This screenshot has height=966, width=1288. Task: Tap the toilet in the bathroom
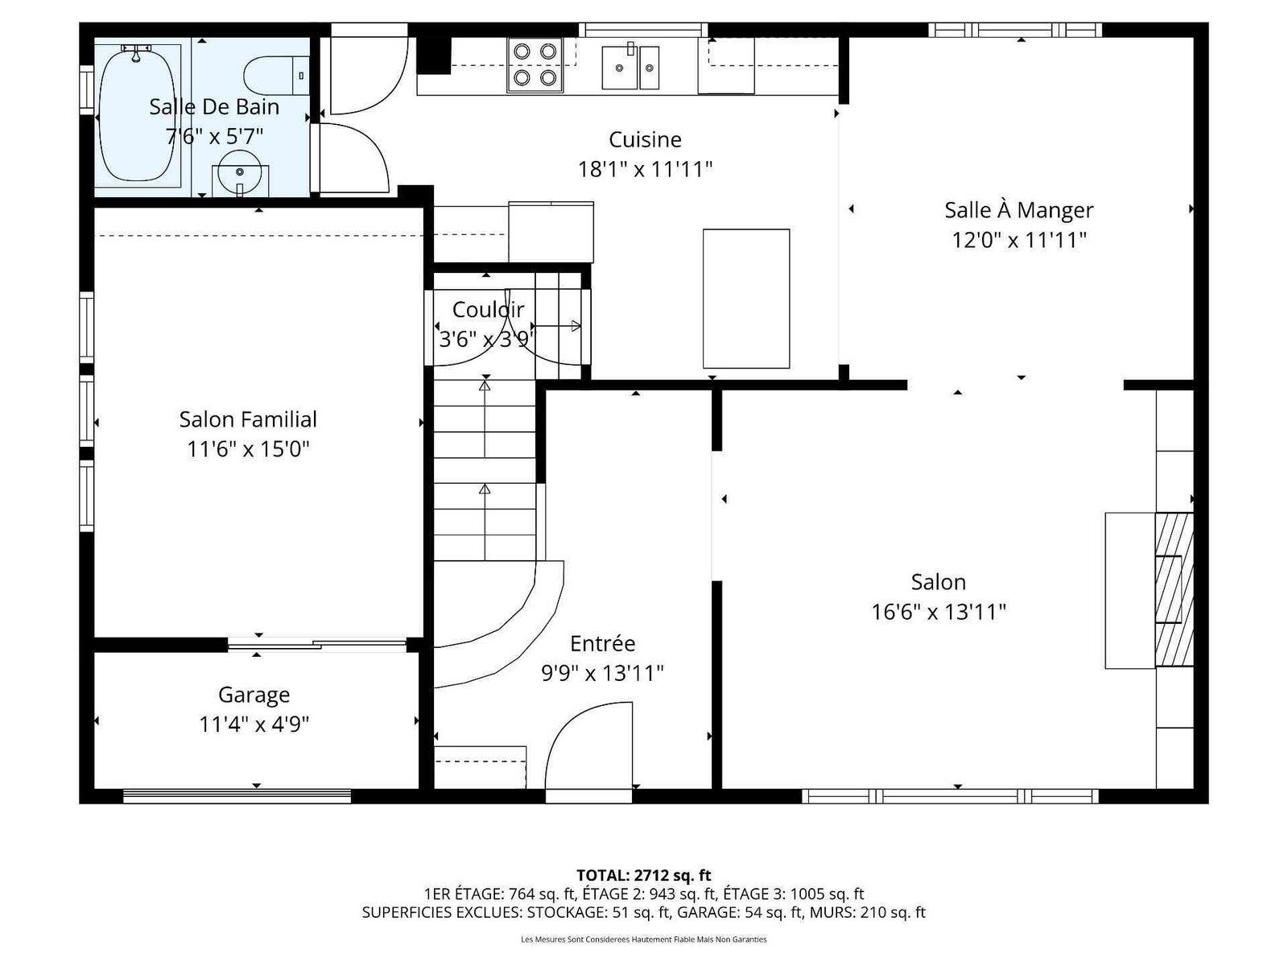pos(276,75)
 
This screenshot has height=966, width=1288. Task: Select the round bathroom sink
pos(240,175)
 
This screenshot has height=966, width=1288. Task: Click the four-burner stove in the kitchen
pos(535,64)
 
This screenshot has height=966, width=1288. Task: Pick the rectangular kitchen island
pos(745,299)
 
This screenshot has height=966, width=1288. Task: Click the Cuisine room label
pos(645,139)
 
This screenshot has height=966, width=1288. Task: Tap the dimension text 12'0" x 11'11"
pos(1018,240)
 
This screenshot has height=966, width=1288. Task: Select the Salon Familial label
pos(248,419)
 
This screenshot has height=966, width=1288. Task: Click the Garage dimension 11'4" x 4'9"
pos(254,724)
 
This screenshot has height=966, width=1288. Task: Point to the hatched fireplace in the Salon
pos(1174,589)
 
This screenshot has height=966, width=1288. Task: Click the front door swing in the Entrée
pos(588,745)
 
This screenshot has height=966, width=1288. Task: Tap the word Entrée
pos(602,643)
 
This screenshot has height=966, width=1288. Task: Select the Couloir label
pos(488,309)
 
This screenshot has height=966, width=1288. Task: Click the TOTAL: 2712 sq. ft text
pos(644,875)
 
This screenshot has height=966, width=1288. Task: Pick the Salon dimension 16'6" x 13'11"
pos(939,612)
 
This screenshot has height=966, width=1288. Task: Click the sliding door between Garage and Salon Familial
pos(317,645)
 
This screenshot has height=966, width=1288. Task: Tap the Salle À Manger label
pos(1018,209)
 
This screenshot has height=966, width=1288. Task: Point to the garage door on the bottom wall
pos(237,795)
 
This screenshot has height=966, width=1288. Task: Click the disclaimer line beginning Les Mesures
pos(644,939)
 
